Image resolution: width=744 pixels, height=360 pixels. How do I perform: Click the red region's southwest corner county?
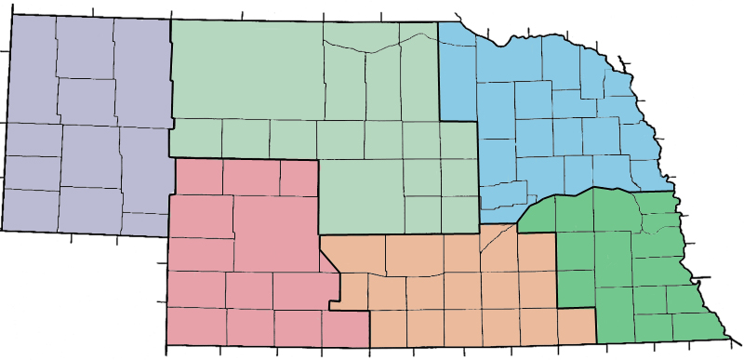tap(196, 326)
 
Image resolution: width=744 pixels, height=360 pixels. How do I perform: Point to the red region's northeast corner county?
tap(298, 178)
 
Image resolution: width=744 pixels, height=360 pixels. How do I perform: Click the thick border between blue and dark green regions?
tap(558, 196)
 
